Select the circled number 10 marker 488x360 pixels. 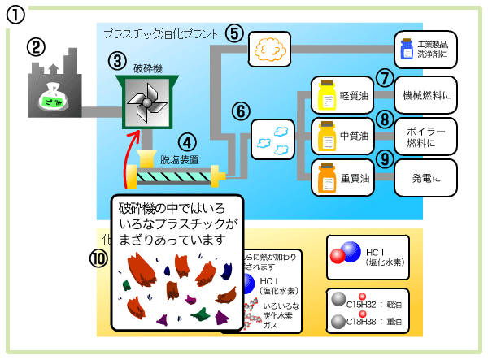pos(98,258)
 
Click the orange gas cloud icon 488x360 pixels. pos(268,49)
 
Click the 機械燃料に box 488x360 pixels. pos(427,94)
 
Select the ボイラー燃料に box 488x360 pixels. pos(427,136)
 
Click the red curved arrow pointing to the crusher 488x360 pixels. pos(128,163)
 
